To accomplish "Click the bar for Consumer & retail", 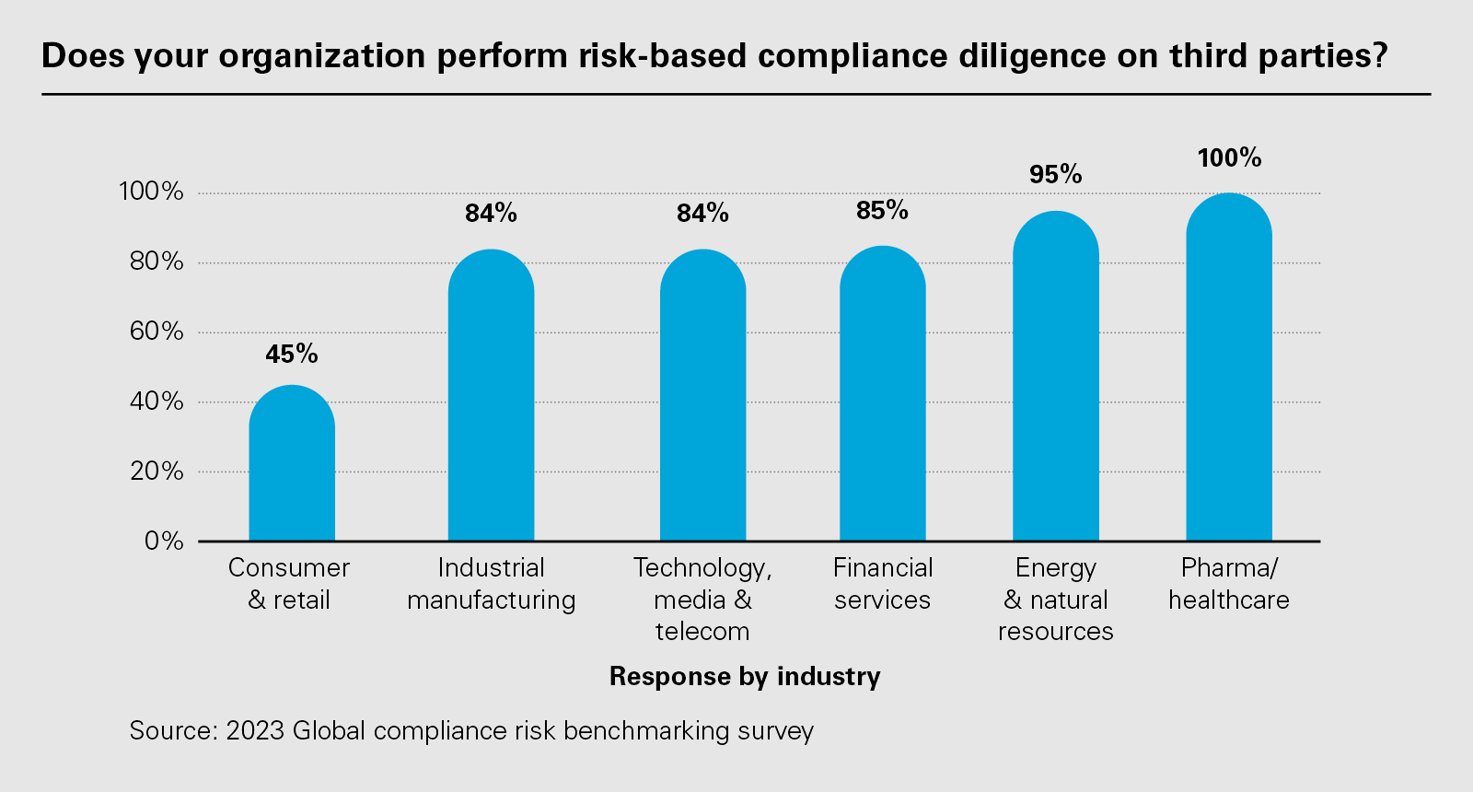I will click(292, 465).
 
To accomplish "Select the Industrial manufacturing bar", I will click(491, 396).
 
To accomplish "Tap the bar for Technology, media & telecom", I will click(702, 396).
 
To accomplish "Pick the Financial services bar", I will click(882, 394).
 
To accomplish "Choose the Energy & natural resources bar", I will click(1055, 378).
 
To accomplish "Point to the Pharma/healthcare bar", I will click(1228, 368).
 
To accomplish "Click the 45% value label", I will click(292, 354).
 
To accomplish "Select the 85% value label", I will click(882, 211).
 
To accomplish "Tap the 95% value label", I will click(1055, 174).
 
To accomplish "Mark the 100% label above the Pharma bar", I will click(1229, 157).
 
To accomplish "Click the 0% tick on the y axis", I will click(164, 541).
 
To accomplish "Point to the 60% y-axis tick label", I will click(157, 332).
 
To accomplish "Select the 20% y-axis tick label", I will click(157, 472).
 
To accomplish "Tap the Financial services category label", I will click(882, 584).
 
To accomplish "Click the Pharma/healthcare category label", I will click(1229, 584).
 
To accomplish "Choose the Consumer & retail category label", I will click(289, 584).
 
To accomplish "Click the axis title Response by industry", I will click(745, 677).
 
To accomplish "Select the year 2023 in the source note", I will click(255, 730).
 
